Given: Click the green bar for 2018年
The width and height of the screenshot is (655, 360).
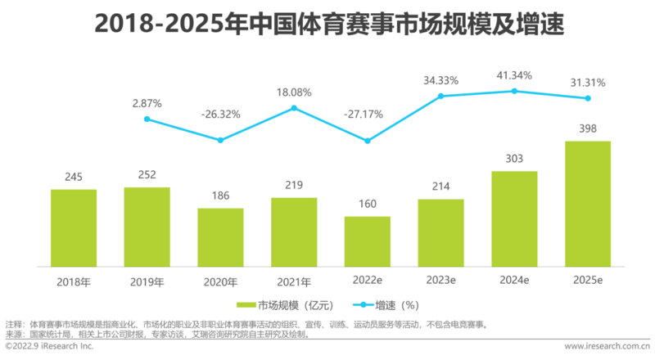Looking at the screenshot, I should point(74,227).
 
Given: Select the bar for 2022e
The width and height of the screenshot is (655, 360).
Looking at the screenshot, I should point(368,241).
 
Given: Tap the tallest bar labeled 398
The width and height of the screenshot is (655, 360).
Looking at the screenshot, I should point(588,204).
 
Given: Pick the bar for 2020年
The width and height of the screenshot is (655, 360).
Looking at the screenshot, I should point(220,237).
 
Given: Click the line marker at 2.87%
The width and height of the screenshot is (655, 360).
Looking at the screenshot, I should point(147,119).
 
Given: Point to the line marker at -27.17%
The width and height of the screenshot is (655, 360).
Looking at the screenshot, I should point(368,142).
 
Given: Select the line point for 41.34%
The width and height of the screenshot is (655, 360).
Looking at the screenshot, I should point(514,91).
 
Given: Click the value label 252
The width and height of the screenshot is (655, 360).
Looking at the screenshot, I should point(147,174).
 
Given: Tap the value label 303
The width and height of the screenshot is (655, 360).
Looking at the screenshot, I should point(514,158).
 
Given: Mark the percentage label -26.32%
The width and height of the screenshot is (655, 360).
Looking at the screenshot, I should point(220,115).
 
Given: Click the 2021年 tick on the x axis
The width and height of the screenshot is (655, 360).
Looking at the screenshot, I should point(294,281).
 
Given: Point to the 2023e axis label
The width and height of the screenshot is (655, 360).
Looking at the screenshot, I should point(440,281).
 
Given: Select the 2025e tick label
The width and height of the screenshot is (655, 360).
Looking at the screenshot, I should point(588,281).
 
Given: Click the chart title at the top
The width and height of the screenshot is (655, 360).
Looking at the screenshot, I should point(327,23).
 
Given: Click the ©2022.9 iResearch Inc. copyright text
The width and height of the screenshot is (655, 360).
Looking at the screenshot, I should point(49,346).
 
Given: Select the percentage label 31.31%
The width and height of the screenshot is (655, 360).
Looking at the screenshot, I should point(588,83).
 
